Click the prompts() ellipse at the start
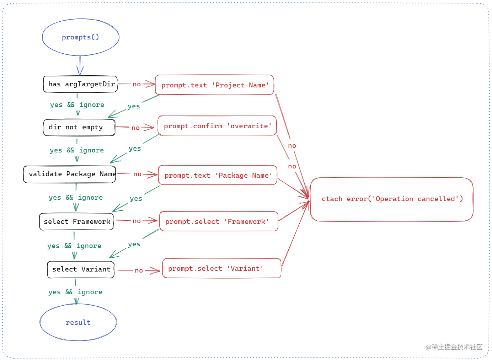click(x=80, y=37)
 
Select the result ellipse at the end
click(x=78, y=322)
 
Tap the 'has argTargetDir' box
click(x=80, y=84)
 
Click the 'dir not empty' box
click(x=79, y=127)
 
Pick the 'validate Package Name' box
click(x=70, y=174)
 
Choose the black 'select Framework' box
click(x=76, y=222)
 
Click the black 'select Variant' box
click(x=81, y=269)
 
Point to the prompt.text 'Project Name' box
click(x=214, y=85)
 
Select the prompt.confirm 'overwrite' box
click(x=217, y=126)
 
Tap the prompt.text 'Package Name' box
click(x=218, y=175)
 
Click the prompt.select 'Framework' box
click(x=219, y=221)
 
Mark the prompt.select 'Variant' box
click(x=221, y=268)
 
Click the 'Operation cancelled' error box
click(x=392, y=199)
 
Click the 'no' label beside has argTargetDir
click(x=137, y=84)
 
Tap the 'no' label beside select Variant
click(x=139, y=270)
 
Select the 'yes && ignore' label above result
click(x=75, y=292)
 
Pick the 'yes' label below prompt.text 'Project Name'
click(x=134, y=106)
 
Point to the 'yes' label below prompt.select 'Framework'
click(x=134, y=244)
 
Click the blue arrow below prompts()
click(x=80, y=66)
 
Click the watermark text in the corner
click(x=454, y=347)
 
